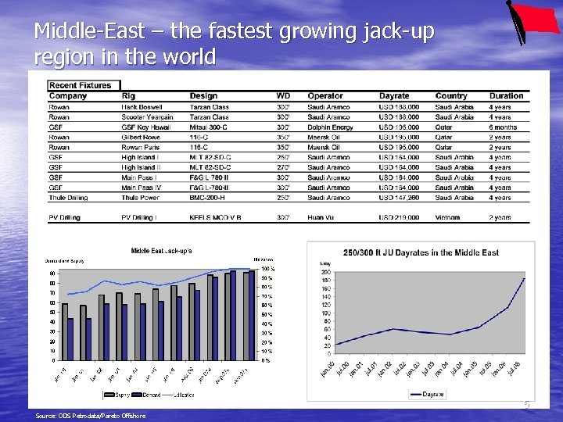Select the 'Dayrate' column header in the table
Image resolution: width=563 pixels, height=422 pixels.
pos(394,96)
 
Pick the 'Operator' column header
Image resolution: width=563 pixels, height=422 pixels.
pos(325,96)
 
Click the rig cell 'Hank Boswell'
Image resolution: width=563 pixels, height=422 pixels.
pos(141,107)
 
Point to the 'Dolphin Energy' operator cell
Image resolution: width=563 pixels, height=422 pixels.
pos(330,127)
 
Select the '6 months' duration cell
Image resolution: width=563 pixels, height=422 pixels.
pos(503,127)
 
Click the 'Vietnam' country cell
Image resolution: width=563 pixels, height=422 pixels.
pos(447,218)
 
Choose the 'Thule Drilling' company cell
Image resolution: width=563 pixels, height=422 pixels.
pos(68,198)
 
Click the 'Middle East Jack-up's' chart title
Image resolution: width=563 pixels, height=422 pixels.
pos(161,251)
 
